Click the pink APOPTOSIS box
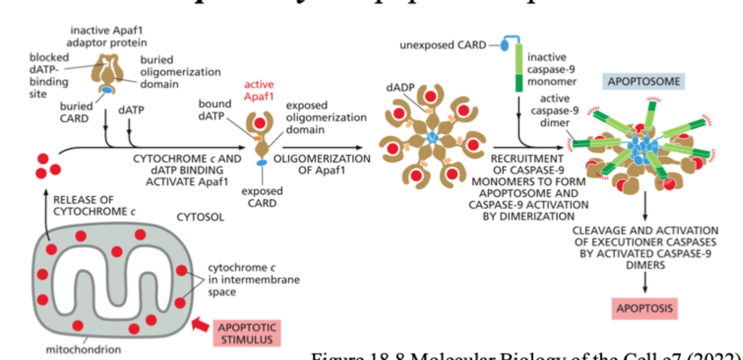644,309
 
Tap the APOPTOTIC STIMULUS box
247,333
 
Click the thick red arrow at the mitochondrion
199,324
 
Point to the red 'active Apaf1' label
259,91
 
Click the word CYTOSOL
200,217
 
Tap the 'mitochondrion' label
83,350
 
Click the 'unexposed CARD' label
442,46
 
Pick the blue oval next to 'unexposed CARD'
506,46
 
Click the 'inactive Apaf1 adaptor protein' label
108,36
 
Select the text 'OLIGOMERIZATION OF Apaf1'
322,165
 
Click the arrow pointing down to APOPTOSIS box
645,284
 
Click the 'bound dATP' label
215,110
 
